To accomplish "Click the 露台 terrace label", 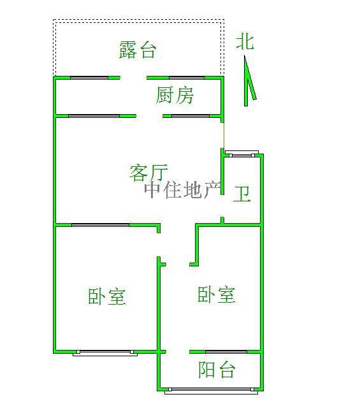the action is tap(138, 50).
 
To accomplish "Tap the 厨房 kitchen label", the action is tap(175, 96).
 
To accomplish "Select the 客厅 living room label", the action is tap(149, 173).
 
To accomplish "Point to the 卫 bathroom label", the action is tap(241, 194).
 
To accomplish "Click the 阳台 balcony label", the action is tap(217, 370).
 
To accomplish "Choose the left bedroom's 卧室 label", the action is tap(107, 296).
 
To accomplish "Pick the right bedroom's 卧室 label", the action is tap(217, 294).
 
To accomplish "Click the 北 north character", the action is tap(245, 41).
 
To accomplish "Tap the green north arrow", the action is tap(248, 81).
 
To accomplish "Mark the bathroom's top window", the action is tap(242, 154).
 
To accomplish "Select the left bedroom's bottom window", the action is tap(105, 353).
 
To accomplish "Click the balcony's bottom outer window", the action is tap(211, 391).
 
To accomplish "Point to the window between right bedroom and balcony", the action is tap(226, 352).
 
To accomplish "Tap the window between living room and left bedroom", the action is tap(100, 225).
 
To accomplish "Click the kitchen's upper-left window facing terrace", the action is tap(89, 78).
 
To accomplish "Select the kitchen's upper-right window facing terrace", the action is tap(187, 78).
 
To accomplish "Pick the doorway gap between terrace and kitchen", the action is tap(134, 78).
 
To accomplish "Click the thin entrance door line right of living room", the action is tap(223, 135).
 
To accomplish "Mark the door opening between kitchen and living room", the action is tap(150, 116).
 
